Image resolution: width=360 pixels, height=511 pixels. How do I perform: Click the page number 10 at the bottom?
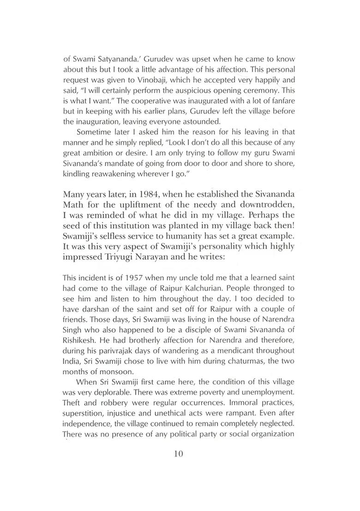pos(179,453)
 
